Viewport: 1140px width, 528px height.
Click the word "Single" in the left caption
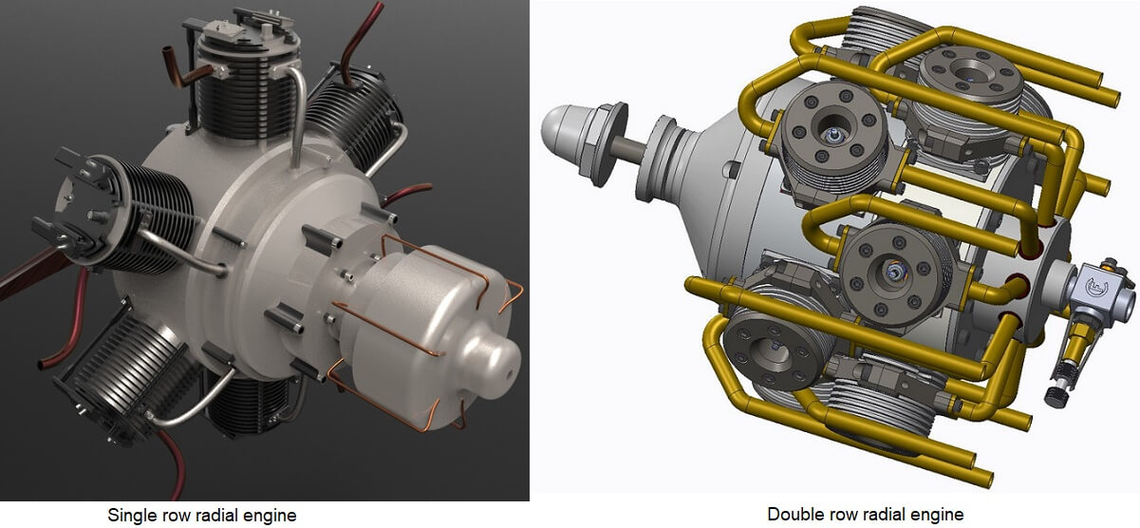pos(131,516)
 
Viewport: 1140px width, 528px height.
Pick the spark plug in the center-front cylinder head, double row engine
pos(894,272)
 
